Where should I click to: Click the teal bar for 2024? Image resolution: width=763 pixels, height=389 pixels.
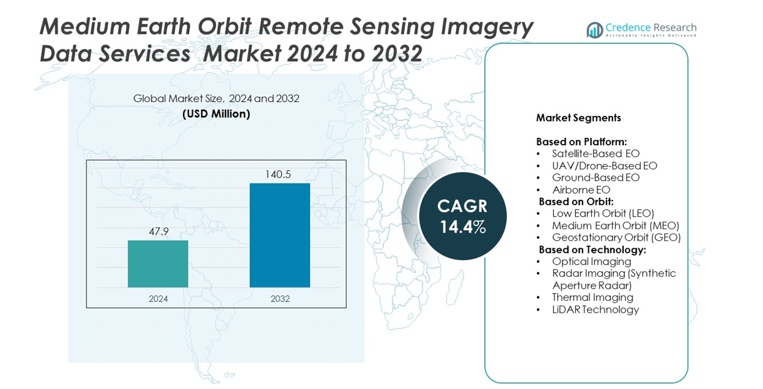coord(158,264)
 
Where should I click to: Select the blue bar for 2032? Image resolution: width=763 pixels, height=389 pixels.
coord(279,235)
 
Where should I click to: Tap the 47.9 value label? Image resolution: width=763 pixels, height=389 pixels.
coord(158,232)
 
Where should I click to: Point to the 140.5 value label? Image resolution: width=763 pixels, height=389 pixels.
coord(279,174)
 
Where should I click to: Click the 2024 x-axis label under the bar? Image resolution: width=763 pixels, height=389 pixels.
coord(158,299)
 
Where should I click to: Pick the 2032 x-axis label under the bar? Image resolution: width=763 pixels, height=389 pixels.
coord(280,299)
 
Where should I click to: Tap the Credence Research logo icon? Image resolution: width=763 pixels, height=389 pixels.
coord(594,29)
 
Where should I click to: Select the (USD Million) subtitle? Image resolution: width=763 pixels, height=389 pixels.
coord(216,114)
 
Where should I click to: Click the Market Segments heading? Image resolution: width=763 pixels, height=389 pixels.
coord(578,118)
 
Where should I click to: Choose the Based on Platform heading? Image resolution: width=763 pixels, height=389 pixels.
coord(581,142)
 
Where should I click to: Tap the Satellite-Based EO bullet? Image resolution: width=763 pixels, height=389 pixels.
coord(595,153)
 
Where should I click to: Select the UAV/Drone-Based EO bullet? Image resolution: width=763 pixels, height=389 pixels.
coord(604,165)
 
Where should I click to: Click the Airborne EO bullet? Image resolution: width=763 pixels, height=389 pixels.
coord(581,190)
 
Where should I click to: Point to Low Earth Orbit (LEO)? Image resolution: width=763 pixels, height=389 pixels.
coord(603,214)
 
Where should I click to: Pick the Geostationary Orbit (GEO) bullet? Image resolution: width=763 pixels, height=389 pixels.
coord(616,237)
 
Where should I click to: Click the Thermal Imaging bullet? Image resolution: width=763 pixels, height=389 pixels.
coord(592,297)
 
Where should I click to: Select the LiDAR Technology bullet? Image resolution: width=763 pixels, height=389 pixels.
coord(595,309)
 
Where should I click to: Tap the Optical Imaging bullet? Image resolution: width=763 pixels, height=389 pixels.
coord(591,261)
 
